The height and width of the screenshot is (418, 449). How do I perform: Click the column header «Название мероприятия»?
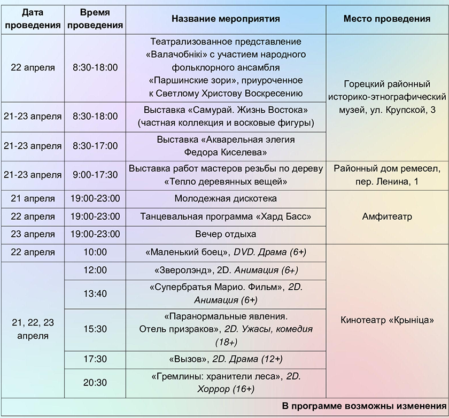pyautogui.click(x=226, y=19)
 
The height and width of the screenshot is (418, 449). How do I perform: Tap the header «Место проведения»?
pyautogui.click(x=386, y=19)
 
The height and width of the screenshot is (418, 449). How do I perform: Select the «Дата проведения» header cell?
pyautogui.click(x=33, y=19)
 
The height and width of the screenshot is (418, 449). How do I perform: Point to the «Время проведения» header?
pyautogui.click(x=96, y=19)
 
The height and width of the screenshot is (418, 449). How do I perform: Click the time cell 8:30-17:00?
pyautogui.click(x=96, y=145)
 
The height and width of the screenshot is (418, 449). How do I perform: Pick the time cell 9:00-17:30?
pyautogui.click(x=96, y=175)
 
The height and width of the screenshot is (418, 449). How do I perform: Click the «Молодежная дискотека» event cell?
pyautogui.click(x=226, y=199)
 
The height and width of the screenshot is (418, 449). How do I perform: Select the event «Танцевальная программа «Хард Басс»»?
pyautogui.click(x=226, y=216)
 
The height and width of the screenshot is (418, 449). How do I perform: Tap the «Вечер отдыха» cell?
pyautogui.click(x=226, y=234)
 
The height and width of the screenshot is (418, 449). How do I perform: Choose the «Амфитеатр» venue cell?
pyautogui.click(x=386, y=216)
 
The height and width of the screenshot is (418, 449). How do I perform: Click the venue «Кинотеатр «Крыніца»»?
pyautogui.click(x=386, y=320)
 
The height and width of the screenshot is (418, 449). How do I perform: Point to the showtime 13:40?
pyautogui.click(x=96, y=293)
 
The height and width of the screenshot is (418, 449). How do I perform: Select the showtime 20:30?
pyautogui.click(x=96, y=383)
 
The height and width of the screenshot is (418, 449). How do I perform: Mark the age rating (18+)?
pyautogui.click(x=226, y=342)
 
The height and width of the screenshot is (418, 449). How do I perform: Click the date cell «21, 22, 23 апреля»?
pyautogui.click(x=33, y=329)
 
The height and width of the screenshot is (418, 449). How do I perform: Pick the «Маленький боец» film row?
pyautogui.click(x=226, y=252)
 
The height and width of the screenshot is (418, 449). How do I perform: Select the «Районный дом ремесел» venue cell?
pyautogui.click(x=386, y=175)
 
